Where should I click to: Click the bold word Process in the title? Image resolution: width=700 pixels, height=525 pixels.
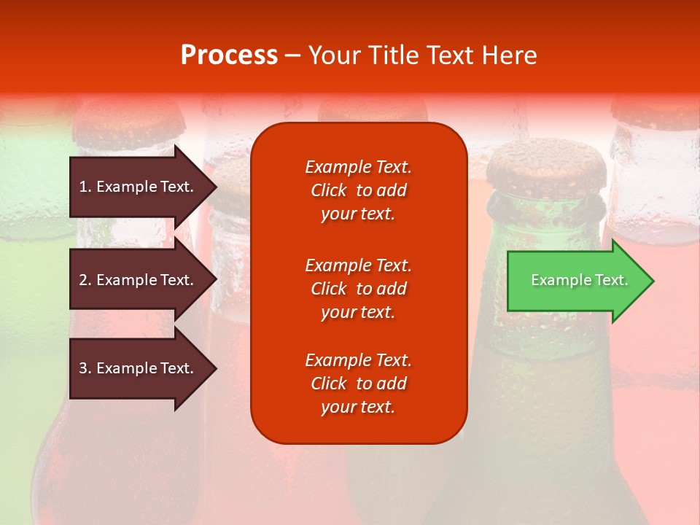click(x=229, y=55)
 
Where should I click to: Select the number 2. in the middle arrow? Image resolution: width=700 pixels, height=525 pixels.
click(x=85, y=280)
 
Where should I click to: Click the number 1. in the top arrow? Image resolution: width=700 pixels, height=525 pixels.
click(x=85, y=187)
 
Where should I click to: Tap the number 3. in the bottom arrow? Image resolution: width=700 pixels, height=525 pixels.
click(x=85, y=368)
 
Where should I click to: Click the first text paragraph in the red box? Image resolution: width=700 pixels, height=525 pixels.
click(x=358, y=190)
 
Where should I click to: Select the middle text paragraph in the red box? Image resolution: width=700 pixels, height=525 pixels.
click(x=358, y=289)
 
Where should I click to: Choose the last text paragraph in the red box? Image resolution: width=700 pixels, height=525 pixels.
click(x=358, y=384)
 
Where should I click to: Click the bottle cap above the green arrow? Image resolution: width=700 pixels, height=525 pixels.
click(x=546, y=165)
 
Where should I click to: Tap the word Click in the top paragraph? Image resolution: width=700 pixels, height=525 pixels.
click(x=328, y=190)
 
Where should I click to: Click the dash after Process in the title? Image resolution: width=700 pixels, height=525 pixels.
click(x=292, y=55)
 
